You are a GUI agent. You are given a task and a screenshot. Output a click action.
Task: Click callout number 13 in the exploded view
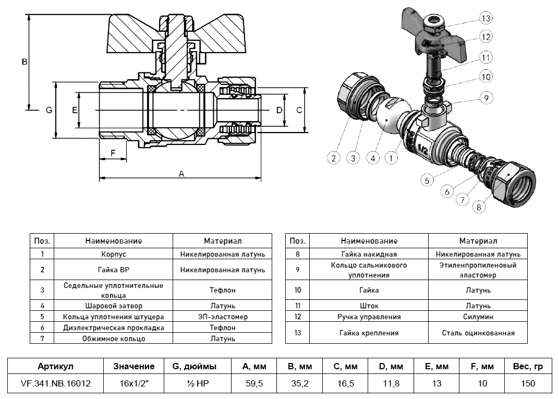[x=486, y=18]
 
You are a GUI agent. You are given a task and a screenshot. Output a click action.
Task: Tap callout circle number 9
[x=486, y=98]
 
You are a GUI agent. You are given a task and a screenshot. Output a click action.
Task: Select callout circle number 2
[x=334, y=158]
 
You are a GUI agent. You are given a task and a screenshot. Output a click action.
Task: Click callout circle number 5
[x=427, y=180]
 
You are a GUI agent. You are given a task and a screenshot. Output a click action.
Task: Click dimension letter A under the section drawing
[x=181, y=174]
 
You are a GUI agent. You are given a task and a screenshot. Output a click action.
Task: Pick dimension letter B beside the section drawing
[x=24, y=62]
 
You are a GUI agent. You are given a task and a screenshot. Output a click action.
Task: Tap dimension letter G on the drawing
[x=48, y=110]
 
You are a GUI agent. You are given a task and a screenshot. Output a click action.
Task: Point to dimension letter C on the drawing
[x=299, y=110]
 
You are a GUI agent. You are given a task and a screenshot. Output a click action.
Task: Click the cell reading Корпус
[x=114, y=254]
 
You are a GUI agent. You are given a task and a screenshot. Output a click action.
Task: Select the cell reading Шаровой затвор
[x=114, y=306]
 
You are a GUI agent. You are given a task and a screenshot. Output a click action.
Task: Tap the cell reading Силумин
[x=478, y=317]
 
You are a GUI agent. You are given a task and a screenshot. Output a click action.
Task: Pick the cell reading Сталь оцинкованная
[x=478, y=333]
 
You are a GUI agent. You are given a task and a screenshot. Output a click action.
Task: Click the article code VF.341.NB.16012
[x=56, y=383]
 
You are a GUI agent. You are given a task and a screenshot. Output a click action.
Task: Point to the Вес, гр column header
[x=528, y=367]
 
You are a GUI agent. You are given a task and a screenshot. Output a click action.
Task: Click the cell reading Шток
[x=369, y=306]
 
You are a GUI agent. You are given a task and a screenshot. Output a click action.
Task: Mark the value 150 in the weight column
[x=528, y=383]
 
